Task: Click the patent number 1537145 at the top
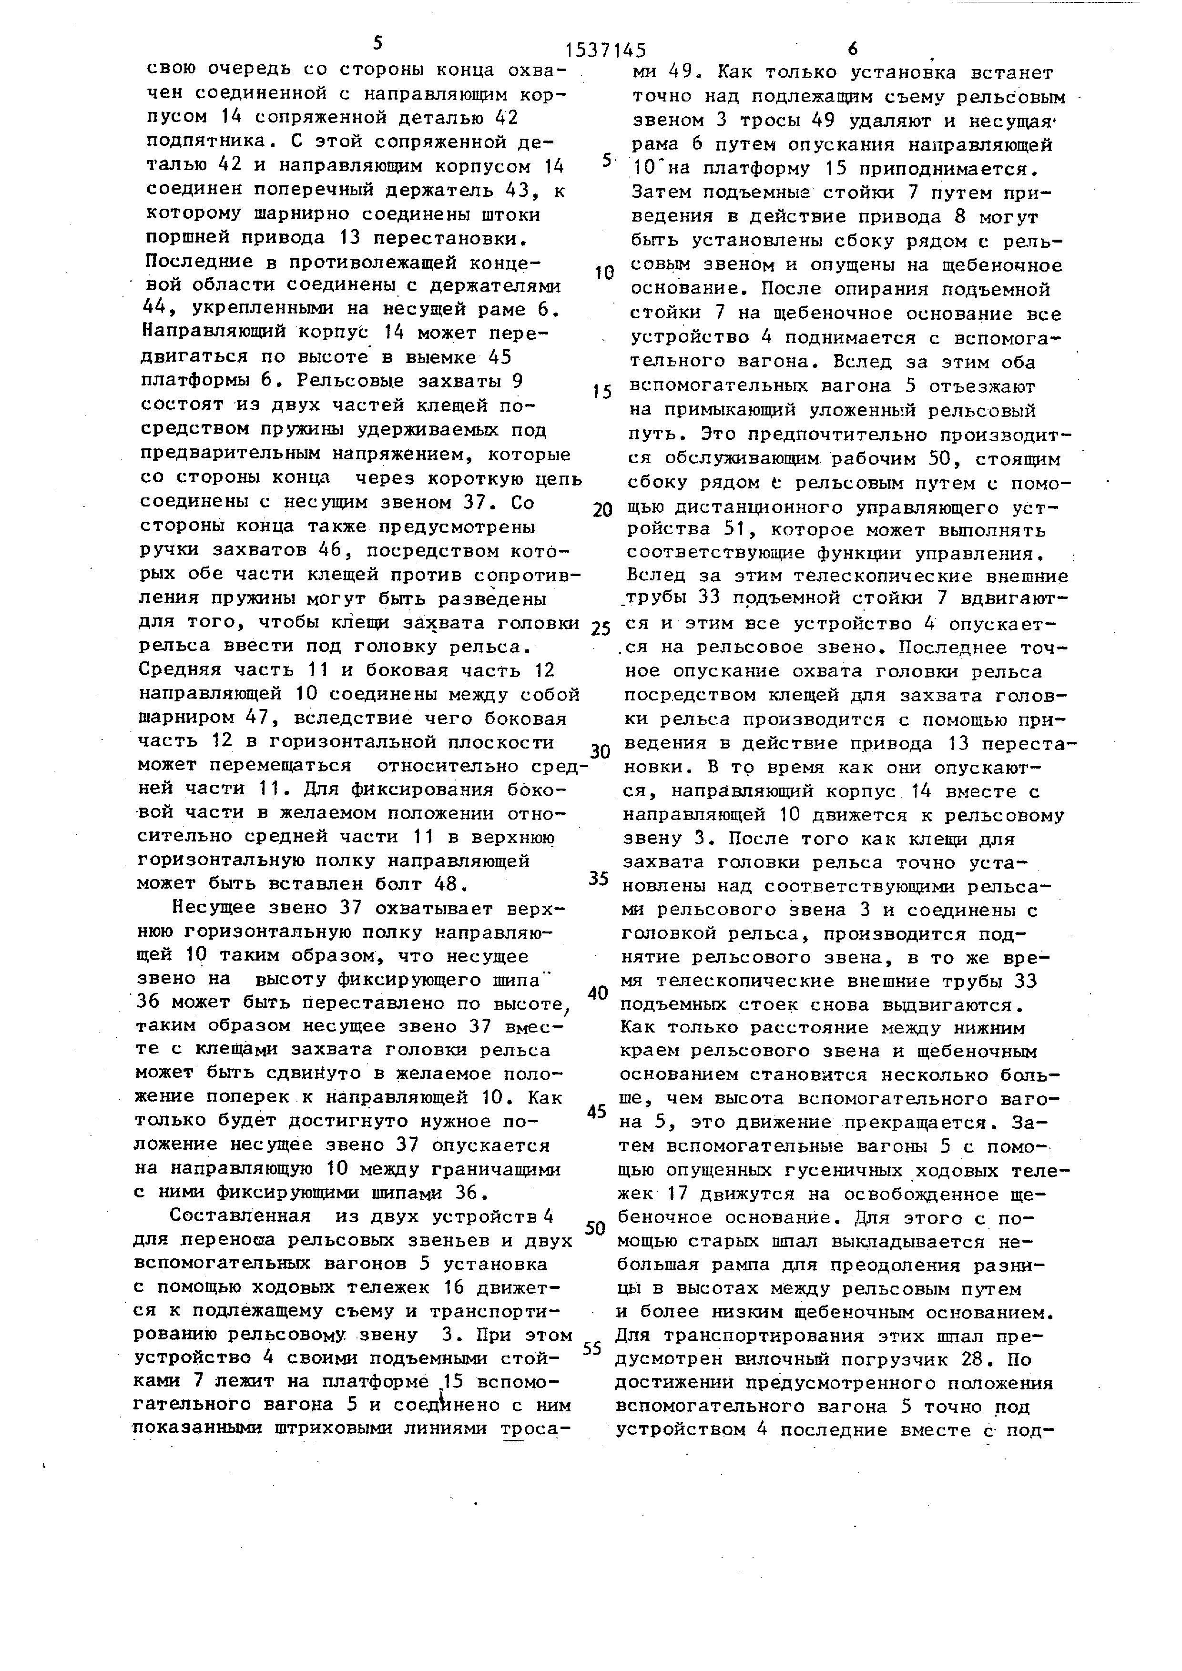coord(606,50)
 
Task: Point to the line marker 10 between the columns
coord(603,273)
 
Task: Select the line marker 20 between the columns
coord(602,510)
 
